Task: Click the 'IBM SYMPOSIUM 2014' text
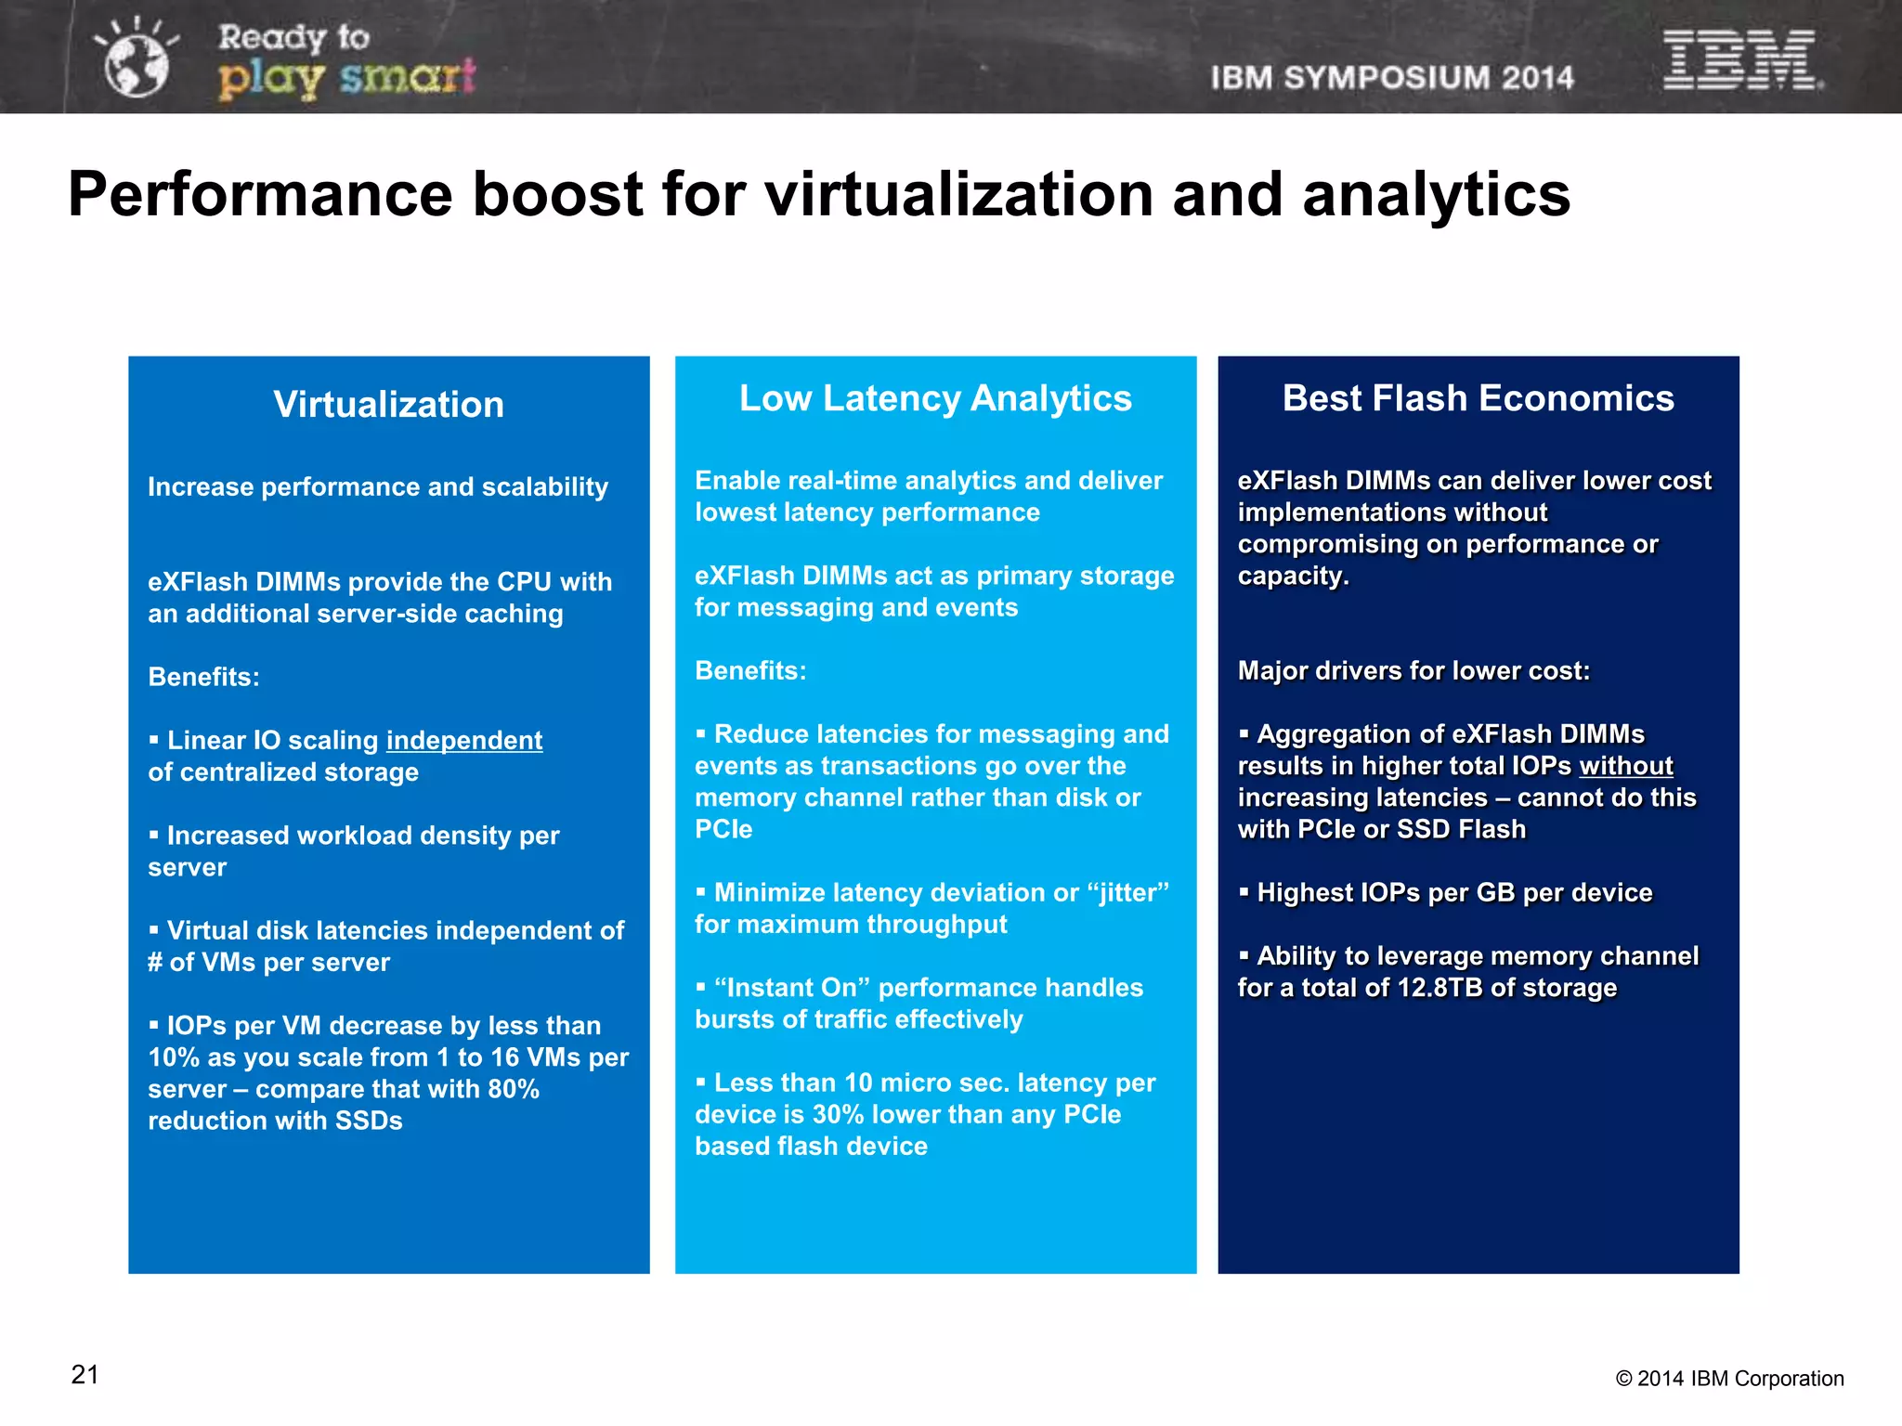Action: [1391, 78]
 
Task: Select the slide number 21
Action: [85, 1375]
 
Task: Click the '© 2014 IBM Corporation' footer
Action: [1729, 1379]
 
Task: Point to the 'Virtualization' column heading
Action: [388, 405]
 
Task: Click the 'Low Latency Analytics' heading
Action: [935, 398]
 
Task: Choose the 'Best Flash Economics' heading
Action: [1478, 398]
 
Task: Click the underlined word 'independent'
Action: [464, 741]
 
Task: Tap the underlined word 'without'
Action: [1625, 766]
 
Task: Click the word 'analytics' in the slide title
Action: [1436, 195]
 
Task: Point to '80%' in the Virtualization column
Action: [514, 1089]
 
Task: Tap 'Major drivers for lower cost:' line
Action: [1413, 671]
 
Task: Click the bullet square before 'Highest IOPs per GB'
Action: [1244, 893]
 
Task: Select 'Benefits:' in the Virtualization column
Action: [203, 678]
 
